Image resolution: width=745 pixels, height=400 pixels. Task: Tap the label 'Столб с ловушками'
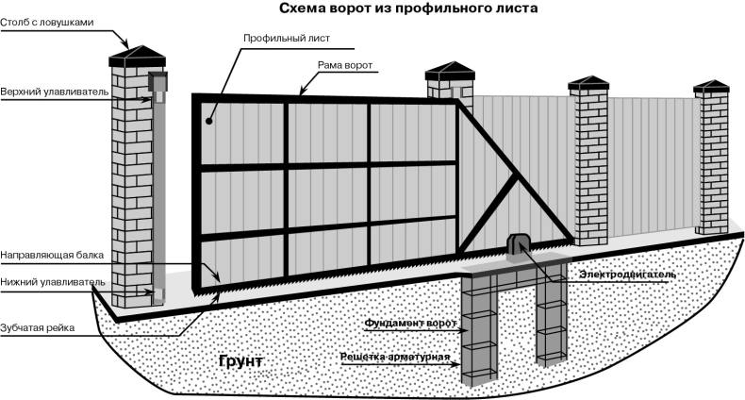click(x=47, y=21)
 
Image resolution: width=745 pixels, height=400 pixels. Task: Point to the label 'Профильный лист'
click(x=287, y=40)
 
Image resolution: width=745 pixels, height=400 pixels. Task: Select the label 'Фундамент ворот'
click(x=411, y=324)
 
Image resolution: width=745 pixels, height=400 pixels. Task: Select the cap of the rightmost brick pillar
click(x=712, y=89)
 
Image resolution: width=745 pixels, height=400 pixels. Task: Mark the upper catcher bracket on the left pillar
click(x=157, y=88)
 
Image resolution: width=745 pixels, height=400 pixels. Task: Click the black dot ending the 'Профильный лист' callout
click(x=209, y=121)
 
